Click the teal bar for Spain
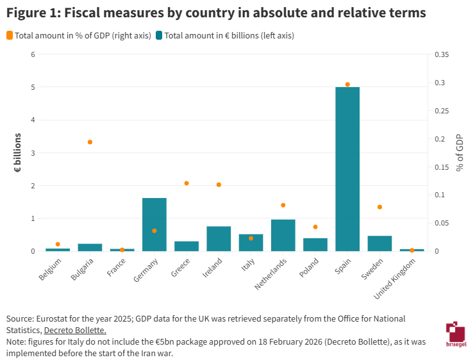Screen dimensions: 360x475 (347, 169)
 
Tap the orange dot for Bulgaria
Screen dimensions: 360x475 (90, 142)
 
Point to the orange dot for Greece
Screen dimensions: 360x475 (187, 183)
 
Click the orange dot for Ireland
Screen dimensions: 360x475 (219, 184)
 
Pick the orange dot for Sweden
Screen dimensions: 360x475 (379, 207)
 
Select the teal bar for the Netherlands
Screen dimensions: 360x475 (283, 235)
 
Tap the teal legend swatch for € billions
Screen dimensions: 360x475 (158, 36)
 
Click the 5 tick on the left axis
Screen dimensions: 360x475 (33, 87)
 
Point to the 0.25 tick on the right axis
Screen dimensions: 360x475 (442, 111)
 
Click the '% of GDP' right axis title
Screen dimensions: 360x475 (460, 153)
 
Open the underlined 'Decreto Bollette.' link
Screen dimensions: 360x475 (74, 330)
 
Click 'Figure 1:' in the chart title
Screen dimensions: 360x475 (35, 12)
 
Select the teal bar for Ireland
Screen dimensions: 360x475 (219, 239)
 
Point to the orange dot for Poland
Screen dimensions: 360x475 (315, 227)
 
